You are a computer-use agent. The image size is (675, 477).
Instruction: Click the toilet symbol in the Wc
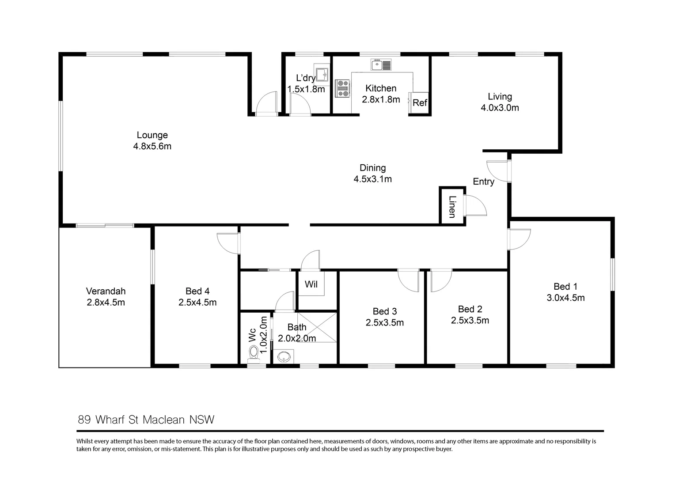point(254,353)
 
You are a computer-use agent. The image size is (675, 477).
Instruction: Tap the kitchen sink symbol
point(381,65)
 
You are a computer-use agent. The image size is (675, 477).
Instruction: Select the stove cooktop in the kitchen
point(343,88)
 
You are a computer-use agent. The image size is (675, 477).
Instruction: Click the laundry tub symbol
point(322,74)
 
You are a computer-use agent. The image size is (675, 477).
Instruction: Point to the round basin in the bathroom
point(283,356)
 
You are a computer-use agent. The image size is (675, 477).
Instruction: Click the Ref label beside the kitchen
point(420,103)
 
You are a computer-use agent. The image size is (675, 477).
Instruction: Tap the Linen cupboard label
point(452,207)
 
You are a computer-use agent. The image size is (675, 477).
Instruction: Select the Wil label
point(311,284)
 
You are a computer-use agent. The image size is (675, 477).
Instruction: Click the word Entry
point(483,182)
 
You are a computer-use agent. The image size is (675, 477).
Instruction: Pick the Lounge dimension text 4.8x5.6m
point(152,146)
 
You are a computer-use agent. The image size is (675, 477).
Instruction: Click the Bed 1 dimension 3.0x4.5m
point(565,298)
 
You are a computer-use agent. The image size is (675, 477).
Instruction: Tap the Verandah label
point(106,291)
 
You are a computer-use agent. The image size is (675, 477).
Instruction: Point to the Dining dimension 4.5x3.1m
point(372,179)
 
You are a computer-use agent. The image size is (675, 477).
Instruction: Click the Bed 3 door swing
point(408,280)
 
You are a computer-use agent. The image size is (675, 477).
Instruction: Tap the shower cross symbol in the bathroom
point(317,327)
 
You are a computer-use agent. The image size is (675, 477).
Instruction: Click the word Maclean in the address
point(163,420)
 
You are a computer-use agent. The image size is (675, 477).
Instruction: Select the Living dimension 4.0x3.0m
point(500,108)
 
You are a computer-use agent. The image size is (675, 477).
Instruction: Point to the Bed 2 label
point(470,309)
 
